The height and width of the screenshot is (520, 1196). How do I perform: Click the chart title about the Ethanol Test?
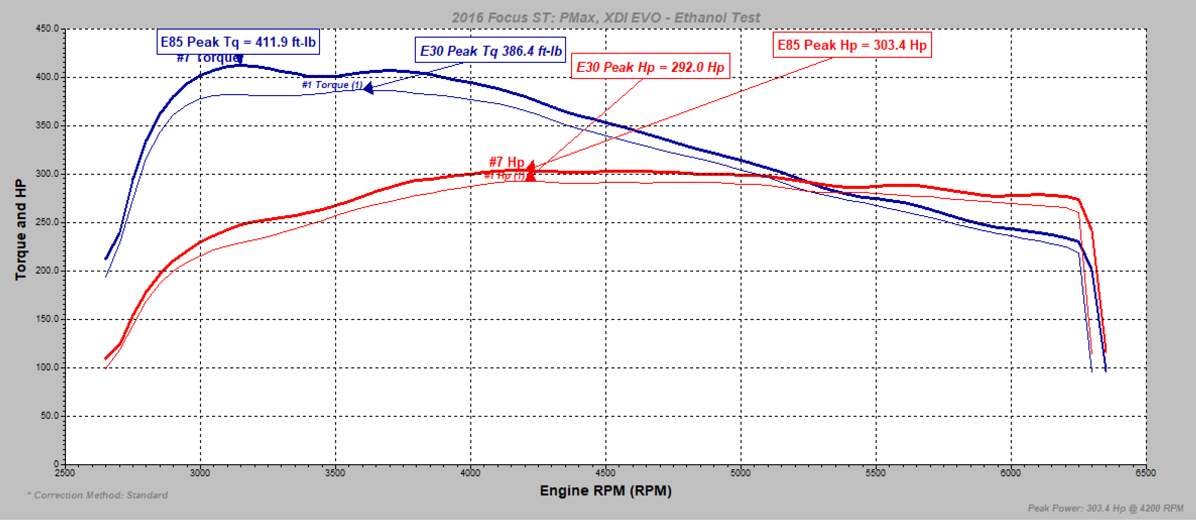click(605, 17)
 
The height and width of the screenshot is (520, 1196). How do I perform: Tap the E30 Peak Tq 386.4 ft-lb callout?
click(490, 51)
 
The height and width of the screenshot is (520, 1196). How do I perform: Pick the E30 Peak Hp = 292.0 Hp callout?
click(650, 67)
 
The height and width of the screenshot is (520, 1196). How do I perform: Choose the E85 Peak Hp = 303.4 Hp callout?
click(852, 45)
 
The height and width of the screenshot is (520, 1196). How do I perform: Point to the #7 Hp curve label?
click(506, 162)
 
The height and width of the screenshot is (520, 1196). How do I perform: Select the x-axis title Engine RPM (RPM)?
click(605, 491)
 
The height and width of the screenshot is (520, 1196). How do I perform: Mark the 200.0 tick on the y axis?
click(47, 271)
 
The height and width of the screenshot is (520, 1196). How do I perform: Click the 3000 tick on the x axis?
click(200, 473)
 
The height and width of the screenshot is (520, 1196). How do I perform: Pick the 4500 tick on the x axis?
click(605, 473)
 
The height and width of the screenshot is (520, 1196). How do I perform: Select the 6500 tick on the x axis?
click(1145, 473)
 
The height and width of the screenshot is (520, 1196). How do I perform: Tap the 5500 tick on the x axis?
click(876, 473)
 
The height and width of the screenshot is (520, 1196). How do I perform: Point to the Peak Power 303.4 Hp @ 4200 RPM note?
click(1105, 508)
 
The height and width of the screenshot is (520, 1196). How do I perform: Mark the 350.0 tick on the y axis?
click(47, 125)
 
